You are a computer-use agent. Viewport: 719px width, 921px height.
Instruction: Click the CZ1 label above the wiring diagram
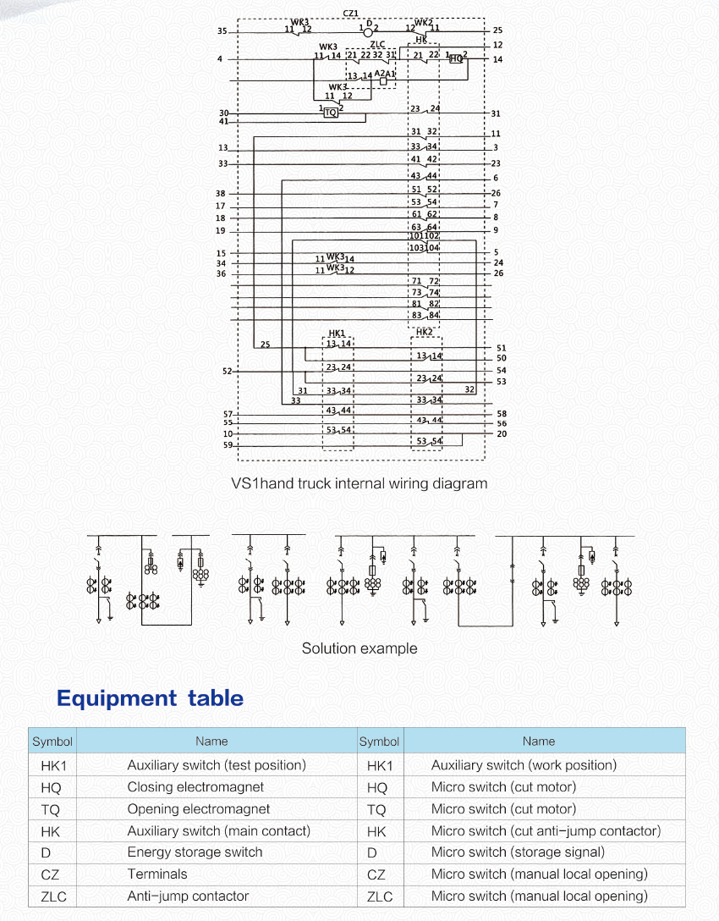(x=350, y=13)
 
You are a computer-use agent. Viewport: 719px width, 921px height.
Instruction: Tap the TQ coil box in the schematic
(x=331, y=112)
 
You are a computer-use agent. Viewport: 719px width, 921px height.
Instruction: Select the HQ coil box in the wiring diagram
(x=457, y=58)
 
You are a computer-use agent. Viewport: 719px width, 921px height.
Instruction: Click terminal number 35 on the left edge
(x=222, y=31)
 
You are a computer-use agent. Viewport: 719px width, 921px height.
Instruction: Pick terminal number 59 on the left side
(x=228, y=444)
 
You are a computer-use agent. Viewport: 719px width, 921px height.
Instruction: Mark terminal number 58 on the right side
(x=502, y=413)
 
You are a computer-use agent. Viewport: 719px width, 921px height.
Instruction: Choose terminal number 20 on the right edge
(x=502, y=434)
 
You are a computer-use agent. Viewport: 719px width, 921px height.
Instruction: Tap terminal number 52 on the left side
(x=227, y=371)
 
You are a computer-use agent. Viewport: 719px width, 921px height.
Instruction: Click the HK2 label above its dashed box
(x=425, y=332)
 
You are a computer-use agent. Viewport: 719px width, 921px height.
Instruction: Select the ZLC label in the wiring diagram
(x=377, y=44)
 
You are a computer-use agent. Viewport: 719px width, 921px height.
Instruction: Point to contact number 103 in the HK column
(x=416, y=248)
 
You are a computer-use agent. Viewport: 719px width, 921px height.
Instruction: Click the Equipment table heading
(x=150, y=698)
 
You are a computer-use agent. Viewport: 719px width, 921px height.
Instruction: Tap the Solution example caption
(x=359, y=648)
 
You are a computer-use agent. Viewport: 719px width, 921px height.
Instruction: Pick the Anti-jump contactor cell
(x=188, y=896)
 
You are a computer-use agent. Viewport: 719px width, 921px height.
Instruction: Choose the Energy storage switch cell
(x=195, y=852)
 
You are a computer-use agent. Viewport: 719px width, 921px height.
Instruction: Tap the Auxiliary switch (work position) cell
(x=524, y=765)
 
